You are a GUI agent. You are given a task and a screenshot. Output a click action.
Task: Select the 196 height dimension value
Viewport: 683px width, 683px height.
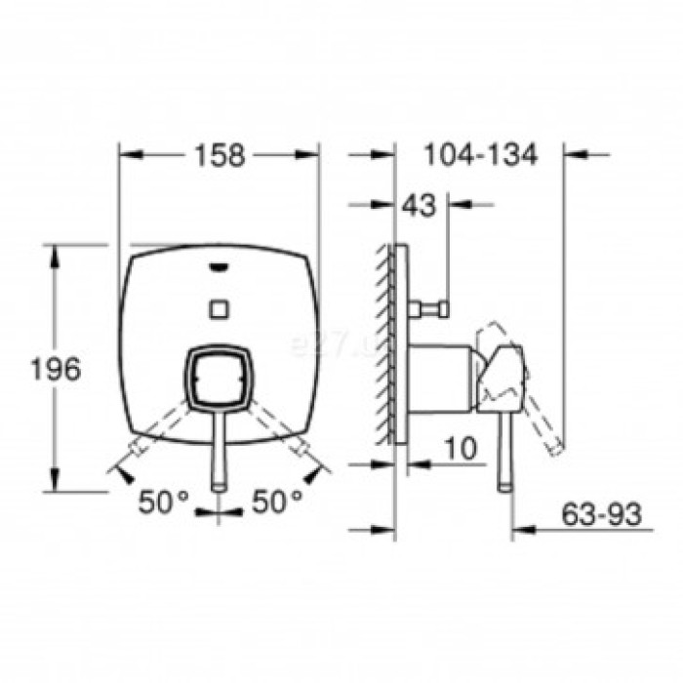[x=55, y=369]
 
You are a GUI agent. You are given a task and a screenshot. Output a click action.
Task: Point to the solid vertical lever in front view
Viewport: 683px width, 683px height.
[x=219, y=449]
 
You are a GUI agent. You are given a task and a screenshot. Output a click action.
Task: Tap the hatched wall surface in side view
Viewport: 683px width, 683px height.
[x=382, y=341]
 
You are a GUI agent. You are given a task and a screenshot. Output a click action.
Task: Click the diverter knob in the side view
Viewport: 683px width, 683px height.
[x=429, y=310]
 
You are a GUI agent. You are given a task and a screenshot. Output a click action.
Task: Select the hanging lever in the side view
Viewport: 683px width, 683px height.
[x=505, y=449]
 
